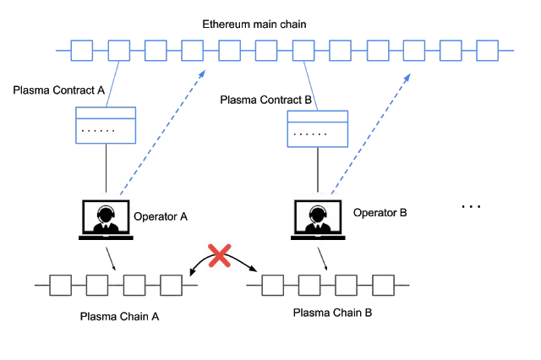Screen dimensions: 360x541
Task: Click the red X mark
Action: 220,255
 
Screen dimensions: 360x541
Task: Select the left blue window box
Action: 107,125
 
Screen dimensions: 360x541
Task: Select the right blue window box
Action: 318,128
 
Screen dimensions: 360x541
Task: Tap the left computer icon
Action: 105,218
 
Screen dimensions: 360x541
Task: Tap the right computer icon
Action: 320,218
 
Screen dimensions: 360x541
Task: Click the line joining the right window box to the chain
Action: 310,86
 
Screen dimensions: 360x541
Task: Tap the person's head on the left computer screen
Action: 105,212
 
